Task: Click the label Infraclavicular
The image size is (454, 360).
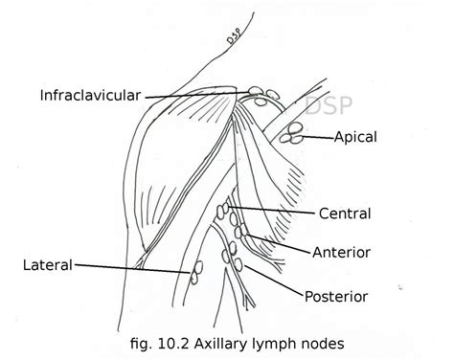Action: tap(91, 95)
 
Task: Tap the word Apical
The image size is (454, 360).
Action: tap(355, 138)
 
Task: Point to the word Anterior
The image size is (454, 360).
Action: tap(342, 252)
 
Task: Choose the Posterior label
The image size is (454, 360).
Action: tap(337, 296)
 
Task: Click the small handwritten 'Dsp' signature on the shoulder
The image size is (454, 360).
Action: tap(233, 39)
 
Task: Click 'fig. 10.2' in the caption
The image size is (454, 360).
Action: tap(161, 341)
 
